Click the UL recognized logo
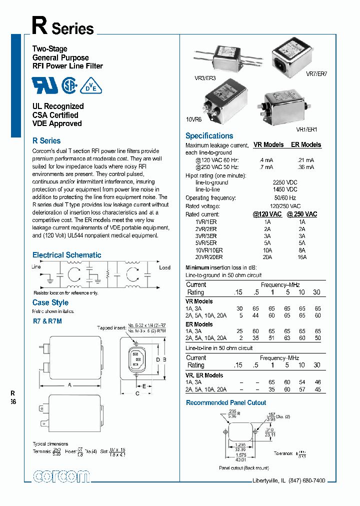(45, 85)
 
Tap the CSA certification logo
(69, 85)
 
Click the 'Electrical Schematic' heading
(66, 255)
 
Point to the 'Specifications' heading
(209, 136)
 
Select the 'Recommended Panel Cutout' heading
(226, 402)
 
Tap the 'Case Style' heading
(50, 302)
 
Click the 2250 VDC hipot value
(285, 182)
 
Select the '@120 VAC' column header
(267, 214)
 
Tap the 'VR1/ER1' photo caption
(306, 129)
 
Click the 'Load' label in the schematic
(164, 267)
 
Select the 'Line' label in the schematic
(36, 267)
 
